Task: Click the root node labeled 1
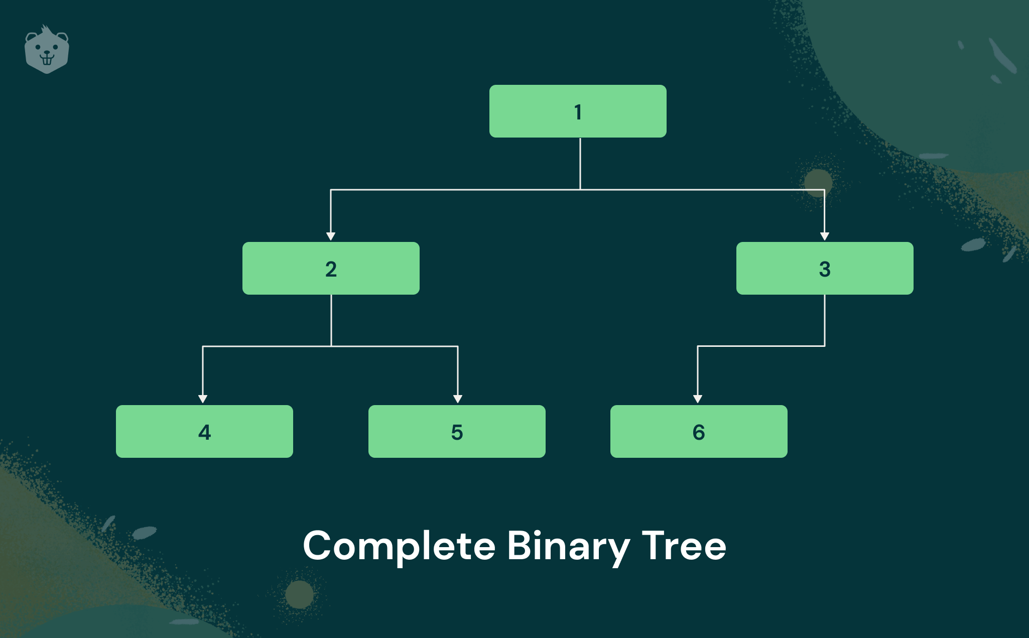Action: coord(578,111)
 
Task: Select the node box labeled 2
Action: coord(331,268)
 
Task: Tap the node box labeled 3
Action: coord(825,268)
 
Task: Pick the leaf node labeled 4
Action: coord(204,431)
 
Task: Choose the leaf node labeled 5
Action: coord(457,431)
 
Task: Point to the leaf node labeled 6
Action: coord(699,431)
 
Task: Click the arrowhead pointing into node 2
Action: coord(331,236)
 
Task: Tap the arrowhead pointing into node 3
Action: coord(824,236)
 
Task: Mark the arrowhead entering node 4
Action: coord(203,399)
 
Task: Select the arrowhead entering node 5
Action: coord(458,399)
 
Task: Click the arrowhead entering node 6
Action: coord(698,399)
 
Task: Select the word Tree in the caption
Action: coord(684,546)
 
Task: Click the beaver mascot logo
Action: coord(47,49)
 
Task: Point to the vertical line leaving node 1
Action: coord(580,164)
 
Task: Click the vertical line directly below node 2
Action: coord(331,320)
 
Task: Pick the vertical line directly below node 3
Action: coord(825,320)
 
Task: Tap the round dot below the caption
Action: coord(300,594)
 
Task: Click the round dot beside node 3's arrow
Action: coord(818,183)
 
